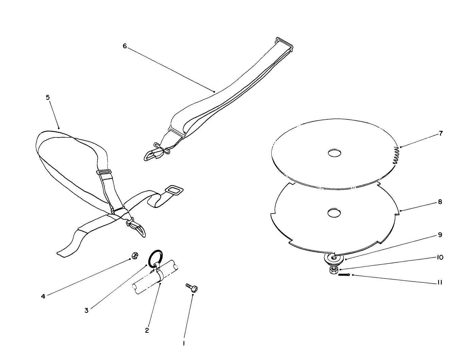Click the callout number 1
pos(184,344)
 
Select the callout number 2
pos(147,330)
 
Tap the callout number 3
pos(86,310)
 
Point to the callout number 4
pos(43,296)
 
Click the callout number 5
pos(48,98)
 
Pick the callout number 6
pos(124,46)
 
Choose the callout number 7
pos(441,133)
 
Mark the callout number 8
pos(440,202)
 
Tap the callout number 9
pos(440,235)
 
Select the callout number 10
pos(440,257)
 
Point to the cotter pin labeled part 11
pos(344,275)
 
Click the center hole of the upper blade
pos(335,153)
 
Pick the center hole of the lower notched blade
pos(335,213)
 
